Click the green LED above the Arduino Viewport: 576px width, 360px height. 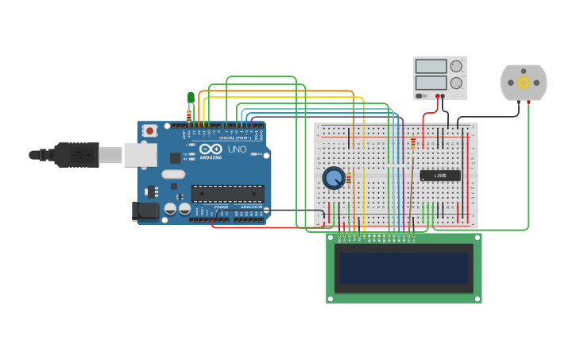[191, 98]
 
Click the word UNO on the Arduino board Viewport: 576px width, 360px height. [237, 149]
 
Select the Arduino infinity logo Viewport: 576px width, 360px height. [211, 149]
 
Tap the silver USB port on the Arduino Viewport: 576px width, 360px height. [140, 155]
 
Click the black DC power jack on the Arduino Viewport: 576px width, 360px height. [145, 210]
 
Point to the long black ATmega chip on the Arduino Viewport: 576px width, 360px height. [227, 193]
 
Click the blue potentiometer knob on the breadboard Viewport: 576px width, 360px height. [334, 177]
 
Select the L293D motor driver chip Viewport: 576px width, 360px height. [440, 176]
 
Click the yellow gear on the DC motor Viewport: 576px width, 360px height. [523, 83]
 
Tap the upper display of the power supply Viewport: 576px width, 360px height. [431, 67]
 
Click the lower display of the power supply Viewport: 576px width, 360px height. [431, 82]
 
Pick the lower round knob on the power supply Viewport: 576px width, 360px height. [456, 82]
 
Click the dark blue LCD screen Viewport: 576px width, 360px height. [404, 268]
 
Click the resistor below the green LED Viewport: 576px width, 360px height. [189, 114]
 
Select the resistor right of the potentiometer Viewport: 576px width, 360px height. [349, 179]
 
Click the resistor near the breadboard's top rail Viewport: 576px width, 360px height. [413, 143]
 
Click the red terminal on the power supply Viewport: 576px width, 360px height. [436, 95]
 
